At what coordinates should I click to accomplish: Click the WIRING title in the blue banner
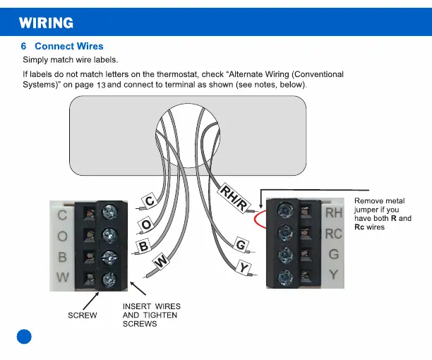click(x=46, y=23)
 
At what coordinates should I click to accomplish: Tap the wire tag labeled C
click(x=150, y=201)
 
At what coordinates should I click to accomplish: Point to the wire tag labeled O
click(x=146, y=224)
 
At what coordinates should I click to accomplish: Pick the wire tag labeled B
click(x=143, y=246)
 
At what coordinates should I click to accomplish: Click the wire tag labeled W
click(x=161, y=262)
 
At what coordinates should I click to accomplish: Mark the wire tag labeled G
click(x=241, y=245)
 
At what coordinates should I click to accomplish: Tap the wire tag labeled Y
click(x=244, y=268)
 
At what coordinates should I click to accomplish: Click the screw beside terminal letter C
click(x=110, y=211)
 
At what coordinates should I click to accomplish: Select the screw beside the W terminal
click(x=110, y=277)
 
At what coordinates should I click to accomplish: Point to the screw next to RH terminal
click(x=286, y=210)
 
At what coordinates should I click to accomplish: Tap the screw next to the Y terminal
click(x=286, y=276)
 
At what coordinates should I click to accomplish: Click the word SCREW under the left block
click(x=83, y=316)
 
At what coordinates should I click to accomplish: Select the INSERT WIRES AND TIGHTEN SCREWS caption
click(x=151, y=315)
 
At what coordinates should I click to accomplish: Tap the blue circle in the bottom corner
click(x=25, y=336)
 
